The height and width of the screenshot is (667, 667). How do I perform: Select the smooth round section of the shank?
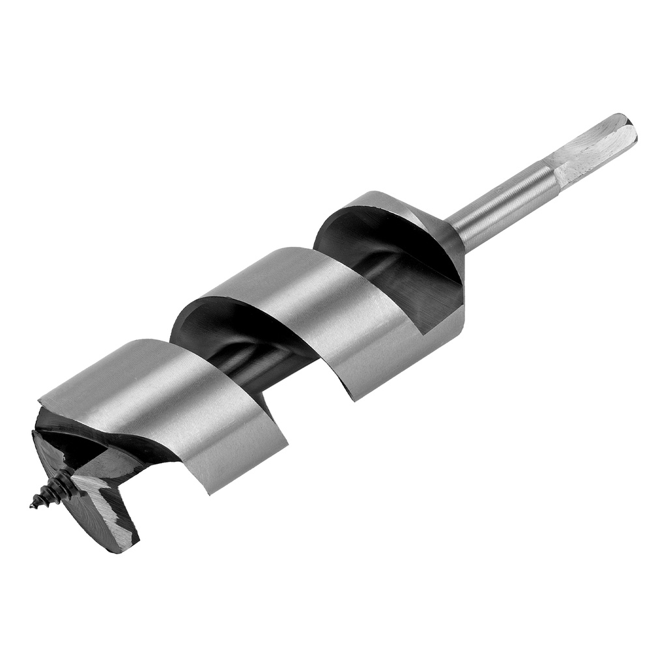click(502, 202)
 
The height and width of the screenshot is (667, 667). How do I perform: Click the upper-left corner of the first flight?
click(40, 399)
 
